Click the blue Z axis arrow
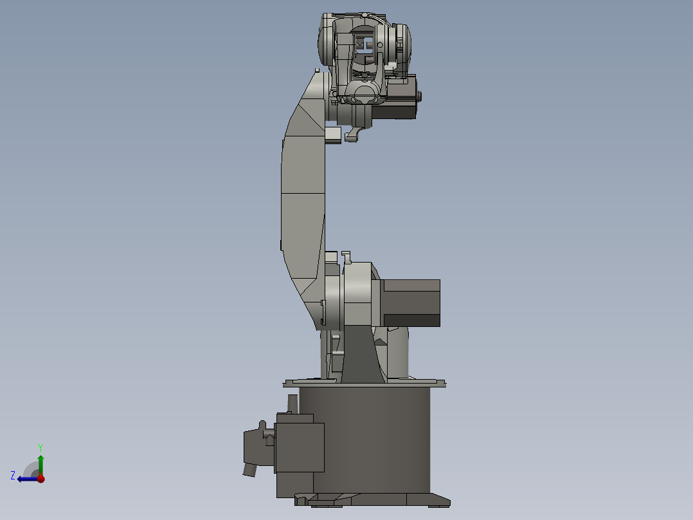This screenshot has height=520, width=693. (26, 479)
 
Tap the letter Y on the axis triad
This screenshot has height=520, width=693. (40, 447)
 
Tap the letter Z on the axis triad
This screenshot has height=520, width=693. (13, 475)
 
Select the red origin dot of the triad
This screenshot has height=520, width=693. (40, 479)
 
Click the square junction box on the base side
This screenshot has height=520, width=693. (300, 447)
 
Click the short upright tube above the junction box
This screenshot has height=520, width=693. (292, 404)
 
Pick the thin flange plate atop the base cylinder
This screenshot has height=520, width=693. (364, 384)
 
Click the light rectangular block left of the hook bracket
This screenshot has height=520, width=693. (334, 135)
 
